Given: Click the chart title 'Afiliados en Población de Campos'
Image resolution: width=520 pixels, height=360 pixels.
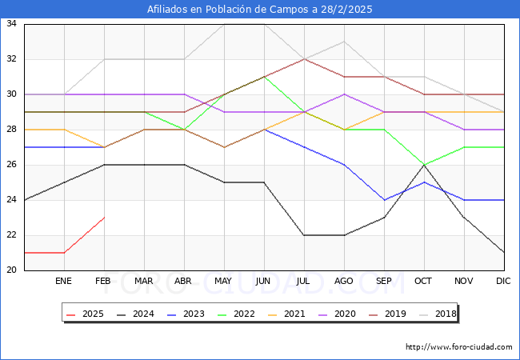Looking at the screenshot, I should pyautogui.click(x=259, y=10).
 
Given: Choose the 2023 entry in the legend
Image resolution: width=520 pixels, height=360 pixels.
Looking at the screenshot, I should pyautogui.click(x=187, y=314).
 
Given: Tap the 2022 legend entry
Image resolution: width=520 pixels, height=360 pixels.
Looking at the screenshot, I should pyautogui.click(x=237, y=314).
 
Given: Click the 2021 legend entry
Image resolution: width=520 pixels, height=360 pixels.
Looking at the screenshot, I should pyautogui.click(x=286, y=314).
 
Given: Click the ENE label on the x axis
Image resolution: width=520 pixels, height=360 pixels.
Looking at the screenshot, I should pyautogui.click(x=64, y=282).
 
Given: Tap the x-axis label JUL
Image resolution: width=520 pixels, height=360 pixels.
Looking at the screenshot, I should pyautogui.click(x=304, y=282).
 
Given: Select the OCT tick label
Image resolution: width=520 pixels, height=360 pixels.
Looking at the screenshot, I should pyautogui.click(x=424, y=282).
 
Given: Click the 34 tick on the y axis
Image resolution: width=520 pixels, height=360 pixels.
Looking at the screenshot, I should pyautogui.click(x=12, y=24).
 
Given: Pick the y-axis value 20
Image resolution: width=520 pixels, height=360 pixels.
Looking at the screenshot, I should pyautogui.click(x=12, y=270).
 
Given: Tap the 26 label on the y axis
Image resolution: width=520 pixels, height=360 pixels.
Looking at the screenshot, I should pyautogui.click(x=12, y=165).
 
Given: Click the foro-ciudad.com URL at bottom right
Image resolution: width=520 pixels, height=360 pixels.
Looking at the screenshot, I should pyautogui.click(x=459, y=347).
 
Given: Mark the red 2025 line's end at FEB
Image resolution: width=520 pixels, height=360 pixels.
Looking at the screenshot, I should pyautogui.click(x=104, y=218).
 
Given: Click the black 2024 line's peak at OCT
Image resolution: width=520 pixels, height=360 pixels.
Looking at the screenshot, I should pyautogui.click(x=424, y=165).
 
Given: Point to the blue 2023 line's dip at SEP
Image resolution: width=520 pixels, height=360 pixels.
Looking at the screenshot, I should pyautogui.click(x=384, y=200).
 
